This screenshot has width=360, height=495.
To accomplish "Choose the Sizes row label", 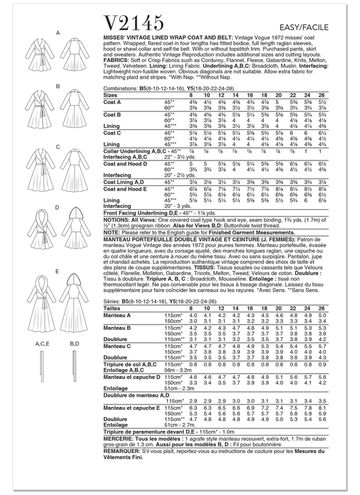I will pos(111,95).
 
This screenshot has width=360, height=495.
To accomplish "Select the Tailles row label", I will pos(113,309).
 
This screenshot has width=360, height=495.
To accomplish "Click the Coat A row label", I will pos(113,102).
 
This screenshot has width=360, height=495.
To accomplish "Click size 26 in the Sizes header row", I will pos(322,95).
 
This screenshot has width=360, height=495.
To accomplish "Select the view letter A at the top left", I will pos(58,33).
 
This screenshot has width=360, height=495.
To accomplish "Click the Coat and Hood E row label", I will pos(127,189).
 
